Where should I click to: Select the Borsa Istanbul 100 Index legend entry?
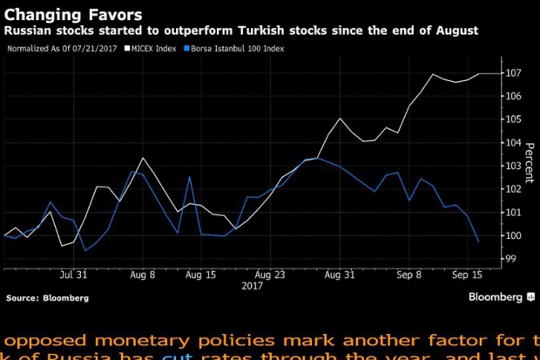click(x=237, y=49)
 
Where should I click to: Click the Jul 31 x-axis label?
click(x=72, y=274)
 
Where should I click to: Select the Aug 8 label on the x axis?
click(x=142, y=274)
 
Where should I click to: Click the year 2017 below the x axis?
click(x=253, y=285)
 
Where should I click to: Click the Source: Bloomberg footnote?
click(x=47, y=298)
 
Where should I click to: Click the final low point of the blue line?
click(x=478, y=241)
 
